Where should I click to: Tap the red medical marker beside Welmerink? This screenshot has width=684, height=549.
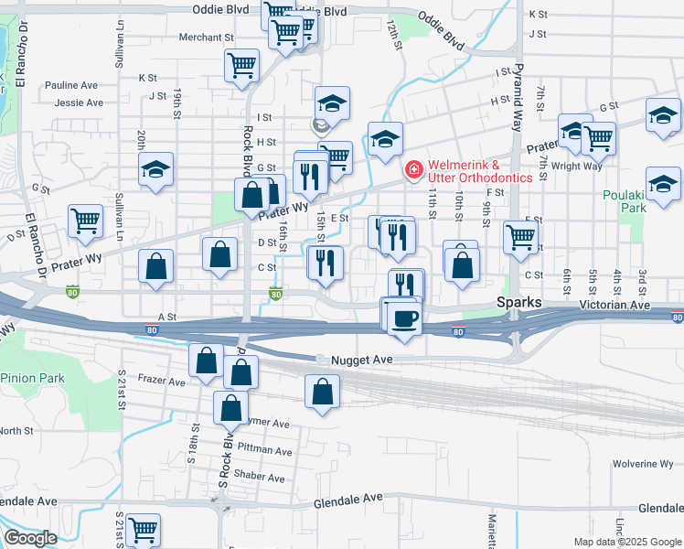pos(413,169)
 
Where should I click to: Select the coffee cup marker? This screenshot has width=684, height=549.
pos(403,318)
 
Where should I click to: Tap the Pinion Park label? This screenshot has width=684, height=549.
pos(33,378)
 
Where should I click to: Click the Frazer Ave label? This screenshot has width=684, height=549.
pos(162,379)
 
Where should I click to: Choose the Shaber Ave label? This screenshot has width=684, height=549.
pos(261,476)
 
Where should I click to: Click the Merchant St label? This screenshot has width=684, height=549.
pos(207,38)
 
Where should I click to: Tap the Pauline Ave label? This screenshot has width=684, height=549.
pos(76,85)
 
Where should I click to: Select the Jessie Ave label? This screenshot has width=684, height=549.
pos(79,102)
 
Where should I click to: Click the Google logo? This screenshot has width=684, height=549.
pos(30,538)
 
